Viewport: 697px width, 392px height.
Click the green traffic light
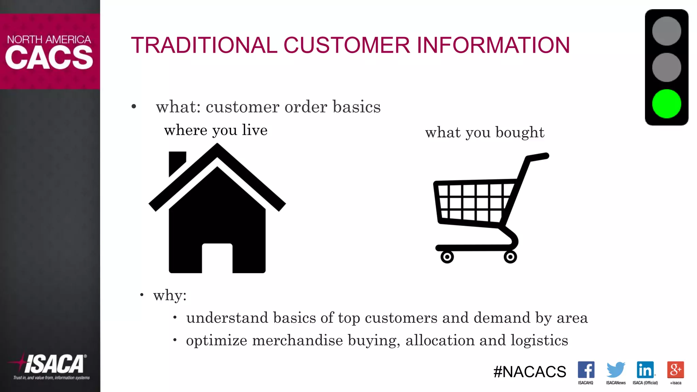click(666, 104)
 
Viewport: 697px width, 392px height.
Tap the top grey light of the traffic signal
click(666, 31)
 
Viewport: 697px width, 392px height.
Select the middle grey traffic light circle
click(666, 67)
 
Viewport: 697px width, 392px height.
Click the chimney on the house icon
click(177, 162)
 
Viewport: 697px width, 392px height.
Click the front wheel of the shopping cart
click(447, 257)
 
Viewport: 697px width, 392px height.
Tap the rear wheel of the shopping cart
click(510, 257)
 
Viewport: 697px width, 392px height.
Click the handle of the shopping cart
click(538, 157)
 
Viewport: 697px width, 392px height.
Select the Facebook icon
click(586, 370)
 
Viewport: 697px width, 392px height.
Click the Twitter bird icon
click(616, 370)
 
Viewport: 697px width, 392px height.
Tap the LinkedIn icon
click(645, 370)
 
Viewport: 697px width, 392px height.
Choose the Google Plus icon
click(676, 370)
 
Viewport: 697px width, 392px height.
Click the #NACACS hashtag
click(530, 372)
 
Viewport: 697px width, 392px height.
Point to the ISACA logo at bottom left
click(51, 365)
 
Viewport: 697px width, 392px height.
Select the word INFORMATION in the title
click(493, 45)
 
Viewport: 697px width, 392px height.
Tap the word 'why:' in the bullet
click(170, 295)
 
